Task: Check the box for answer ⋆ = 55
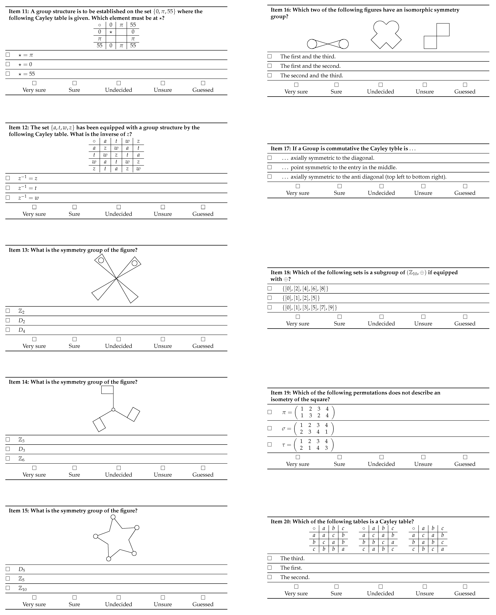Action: [x=8, y=74]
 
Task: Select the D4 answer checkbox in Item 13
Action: [x=8, y=330]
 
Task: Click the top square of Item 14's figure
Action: [x=107, y=390]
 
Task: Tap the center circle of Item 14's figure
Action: [x=113, y=410]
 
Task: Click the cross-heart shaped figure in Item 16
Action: [x=386, y=34]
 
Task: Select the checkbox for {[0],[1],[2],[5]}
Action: [x=269, y=298]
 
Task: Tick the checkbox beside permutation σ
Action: [x=269, y=428]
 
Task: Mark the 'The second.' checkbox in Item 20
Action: [x=269, y=577]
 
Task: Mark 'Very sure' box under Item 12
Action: [x=34, y=207]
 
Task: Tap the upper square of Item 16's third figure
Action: [x=443, y=30]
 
